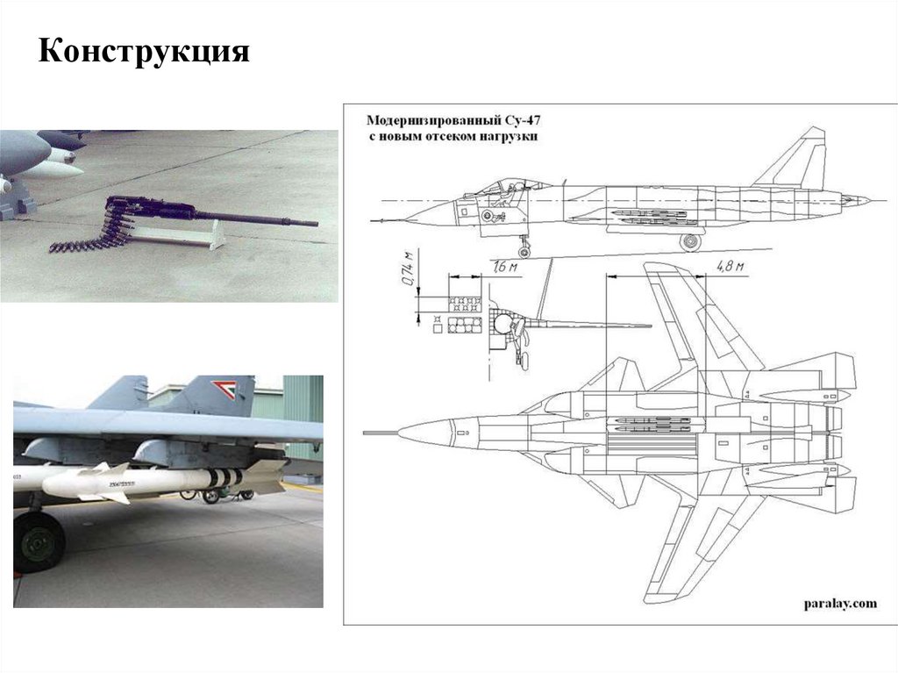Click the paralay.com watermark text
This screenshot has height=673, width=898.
point(839,603)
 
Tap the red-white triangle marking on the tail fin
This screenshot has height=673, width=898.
point(220,387)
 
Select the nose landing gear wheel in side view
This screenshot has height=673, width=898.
point(525,251)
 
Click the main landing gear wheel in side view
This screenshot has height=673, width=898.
point(691,241)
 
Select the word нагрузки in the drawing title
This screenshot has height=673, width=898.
point(510,137)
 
